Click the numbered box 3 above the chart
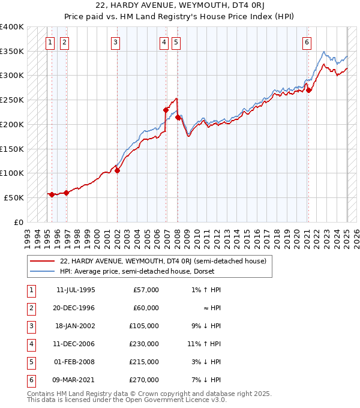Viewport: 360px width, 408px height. [115, 43]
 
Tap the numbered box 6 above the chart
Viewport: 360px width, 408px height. [307, 43]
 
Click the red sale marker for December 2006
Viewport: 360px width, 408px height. [166, 110]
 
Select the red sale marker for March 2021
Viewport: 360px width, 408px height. [308, 90]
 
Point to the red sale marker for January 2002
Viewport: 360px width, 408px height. [117, 170]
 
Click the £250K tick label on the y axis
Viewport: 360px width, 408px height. [11, 100]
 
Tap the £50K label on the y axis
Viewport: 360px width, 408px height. [14, 197]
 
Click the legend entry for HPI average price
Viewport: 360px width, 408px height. [135, 271]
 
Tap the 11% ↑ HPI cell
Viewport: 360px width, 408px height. [205, 344]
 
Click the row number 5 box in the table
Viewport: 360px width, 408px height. [29, 362]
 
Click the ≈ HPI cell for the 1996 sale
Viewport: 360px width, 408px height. [213, 308]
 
